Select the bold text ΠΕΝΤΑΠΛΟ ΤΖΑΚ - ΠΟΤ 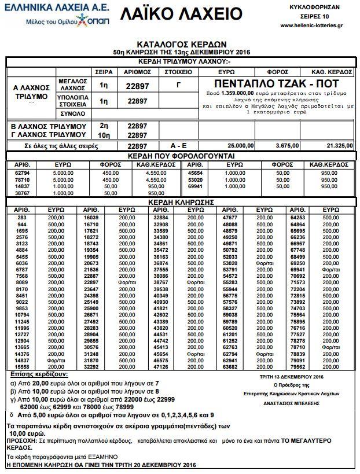277,83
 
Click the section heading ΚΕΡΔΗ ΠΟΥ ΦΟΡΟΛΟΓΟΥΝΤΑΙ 179,156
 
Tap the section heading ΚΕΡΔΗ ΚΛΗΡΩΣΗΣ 179,203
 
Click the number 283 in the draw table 22,216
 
